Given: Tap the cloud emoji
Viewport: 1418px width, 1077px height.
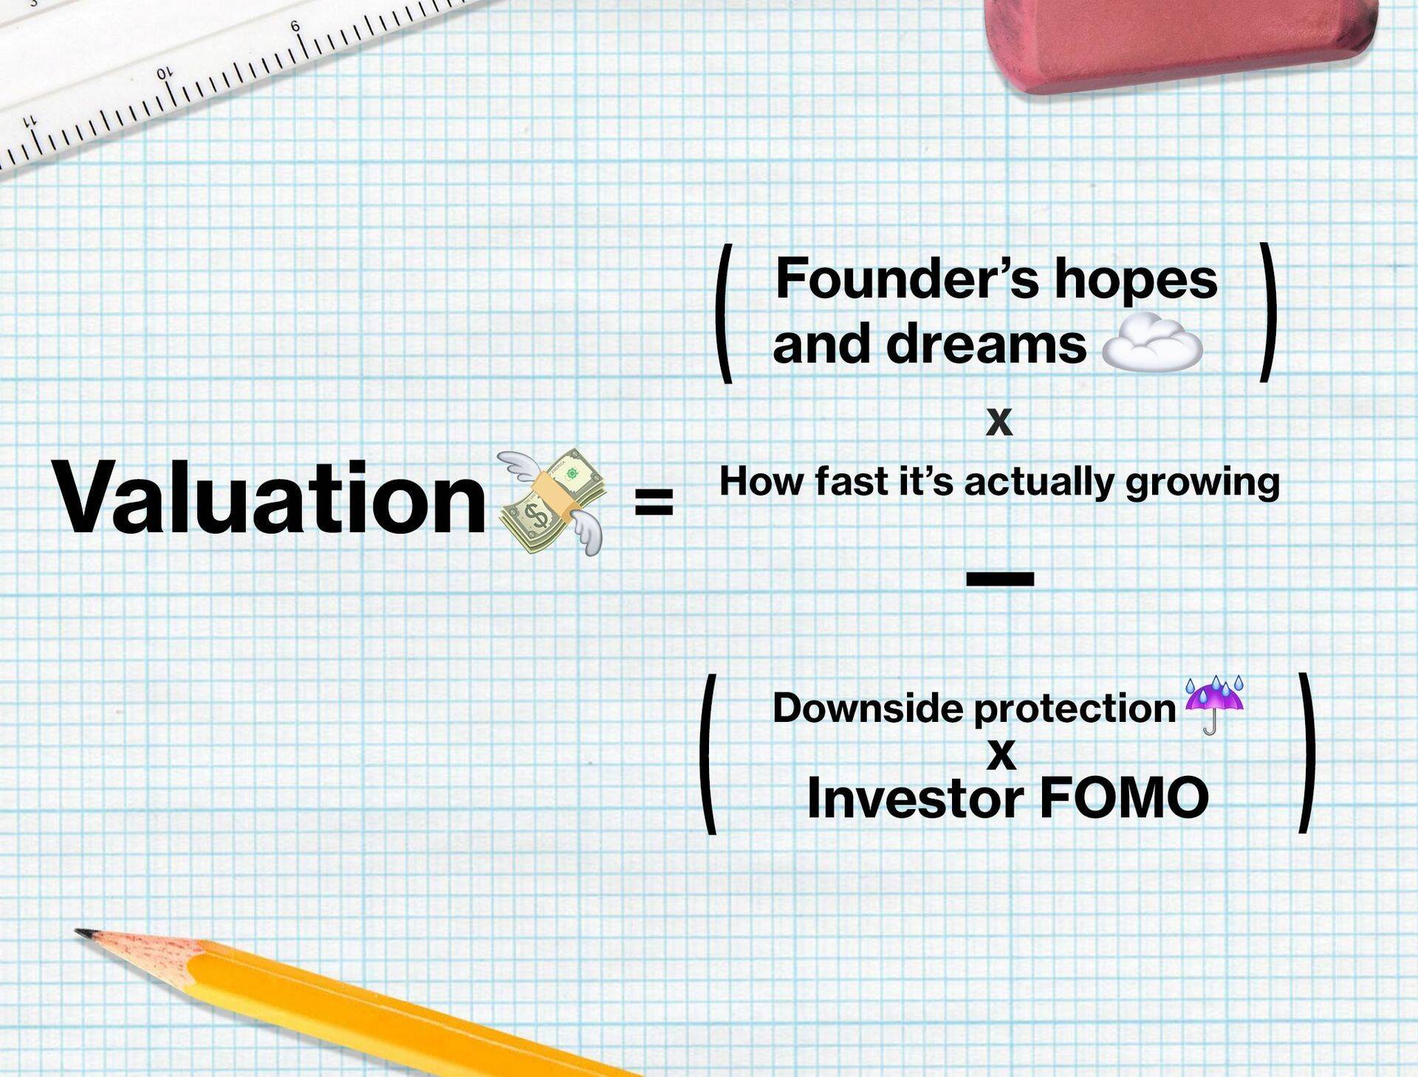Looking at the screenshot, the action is pos(1152,343).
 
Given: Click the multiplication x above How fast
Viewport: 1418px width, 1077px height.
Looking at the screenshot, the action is pos(999,421).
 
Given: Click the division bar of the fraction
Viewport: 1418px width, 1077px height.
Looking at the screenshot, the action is pos(1000,579).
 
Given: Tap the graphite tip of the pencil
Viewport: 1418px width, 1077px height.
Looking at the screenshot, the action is pos(83,932).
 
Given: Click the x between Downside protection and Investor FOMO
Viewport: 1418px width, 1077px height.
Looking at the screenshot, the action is pos(1001,755).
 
